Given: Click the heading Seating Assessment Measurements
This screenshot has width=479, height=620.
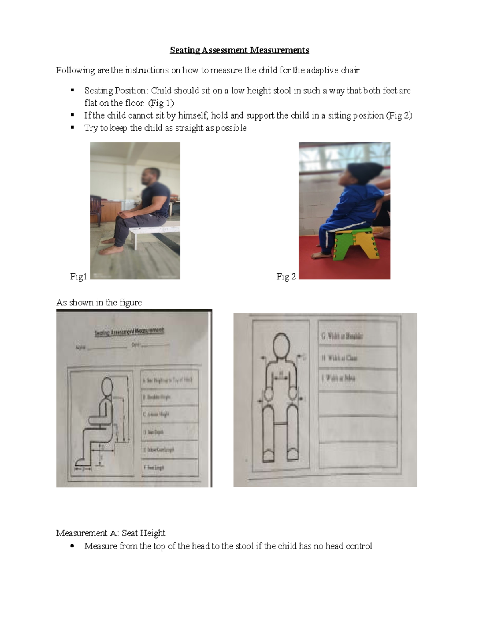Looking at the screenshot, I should [239, 50].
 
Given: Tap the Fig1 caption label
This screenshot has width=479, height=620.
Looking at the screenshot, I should [78, 277].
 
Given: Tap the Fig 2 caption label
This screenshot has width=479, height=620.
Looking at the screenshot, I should [286, 277].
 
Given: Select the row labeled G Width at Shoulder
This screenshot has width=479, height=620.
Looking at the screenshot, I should [357, 336].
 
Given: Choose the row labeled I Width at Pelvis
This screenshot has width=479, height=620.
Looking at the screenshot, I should [357, 378].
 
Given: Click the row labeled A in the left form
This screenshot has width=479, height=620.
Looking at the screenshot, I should [170, 380].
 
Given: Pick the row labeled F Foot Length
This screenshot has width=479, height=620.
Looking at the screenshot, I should [170, 467].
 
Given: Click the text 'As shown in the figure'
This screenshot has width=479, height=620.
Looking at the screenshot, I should [99, 303].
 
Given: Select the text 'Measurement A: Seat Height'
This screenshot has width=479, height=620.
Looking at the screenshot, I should [111, 533].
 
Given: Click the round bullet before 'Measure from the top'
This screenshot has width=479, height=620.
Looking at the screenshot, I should [72, 546].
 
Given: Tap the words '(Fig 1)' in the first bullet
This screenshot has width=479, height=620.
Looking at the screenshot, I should [161, 103].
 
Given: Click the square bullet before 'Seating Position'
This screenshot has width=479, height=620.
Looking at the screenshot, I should [73, 90].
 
